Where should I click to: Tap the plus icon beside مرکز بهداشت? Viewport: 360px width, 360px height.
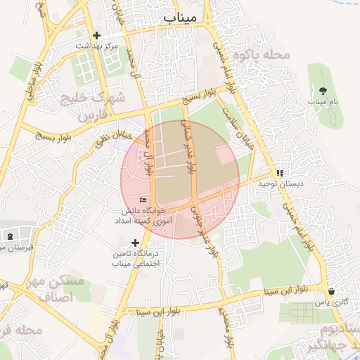(96, 35)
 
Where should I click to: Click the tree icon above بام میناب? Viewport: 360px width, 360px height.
(323, 91)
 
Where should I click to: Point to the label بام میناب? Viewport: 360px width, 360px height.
(323, 102)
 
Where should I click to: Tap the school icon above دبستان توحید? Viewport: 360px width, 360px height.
(280, 172)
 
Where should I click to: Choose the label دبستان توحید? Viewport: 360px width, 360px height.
(259, 184)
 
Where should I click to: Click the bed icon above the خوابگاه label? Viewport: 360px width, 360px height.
(143, 200)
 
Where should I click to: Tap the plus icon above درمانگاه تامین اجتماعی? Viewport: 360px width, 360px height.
(136, 243)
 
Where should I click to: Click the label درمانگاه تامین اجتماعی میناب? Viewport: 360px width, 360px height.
(136, 258)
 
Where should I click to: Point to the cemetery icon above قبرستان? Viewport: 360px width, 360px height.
(9, 236)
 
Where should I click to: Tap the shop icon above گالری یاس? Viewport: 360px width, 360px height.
(331, 291)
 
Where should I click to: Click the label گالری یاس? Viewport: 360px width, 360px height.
(331, 302)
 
